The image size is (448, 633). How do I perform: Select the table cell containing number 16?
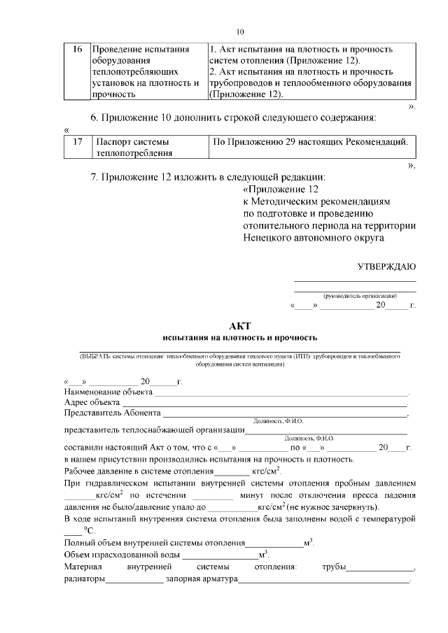(78, 50)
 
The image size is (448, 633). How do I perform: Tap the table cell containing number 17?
(78, 142)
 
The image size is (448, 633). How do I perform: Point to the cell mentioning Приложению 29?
(309, 142)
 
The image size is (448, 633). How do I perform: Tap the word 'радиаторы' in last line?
(85, 579)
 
